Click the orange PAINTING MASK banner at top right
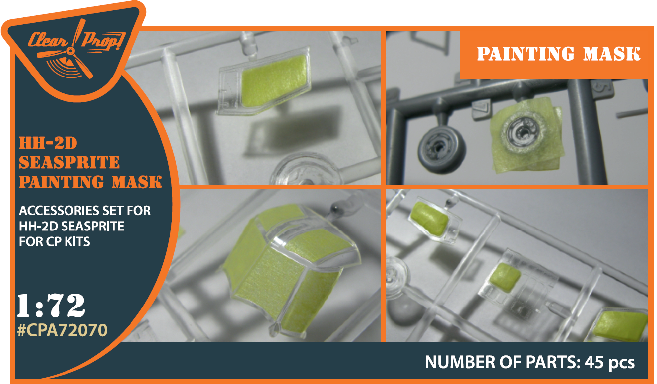(558, 54)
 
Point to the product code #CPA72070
(62, 330)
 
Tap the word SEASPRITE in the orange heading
(69, 162)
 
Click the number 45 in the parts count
(594, 362)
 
